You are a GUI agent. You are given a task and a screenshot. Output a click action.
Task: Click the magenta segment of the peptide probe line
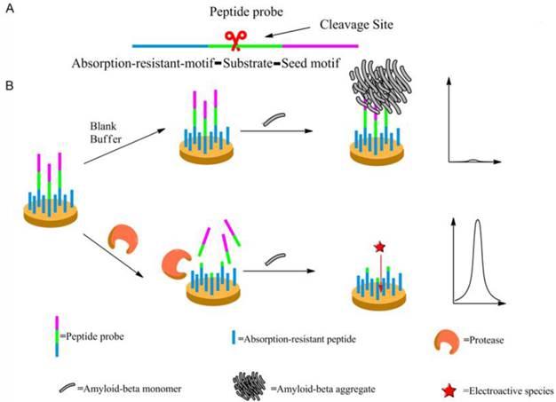pos(321,43)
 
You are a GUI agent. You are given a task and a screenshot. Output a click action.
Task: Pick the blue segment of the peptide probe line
pos(170,43)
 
